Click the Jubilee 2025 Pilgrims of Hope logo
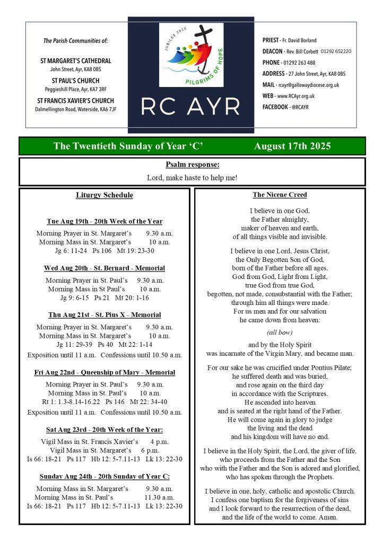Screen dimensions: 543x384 pyautogui.click(x=191, y=55)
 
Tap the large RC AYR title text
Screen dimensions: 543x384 pyautogui.click(x=191, y=107)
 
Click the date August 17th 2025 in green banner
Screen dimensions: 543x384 pyautogui.click(x=292, y=146)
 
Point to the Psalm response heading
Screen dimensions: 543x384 pyautogui.click(x=192, y=165)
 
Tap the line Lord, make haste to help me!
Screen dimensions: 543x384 pyautogui.click(x=192, y=178)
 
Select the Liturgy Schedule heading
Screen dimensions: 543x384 pyautogui.click(x=104, y=195)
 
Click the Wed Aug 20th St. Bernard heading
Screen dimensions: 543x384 pyautogui.click(x=104, y=268)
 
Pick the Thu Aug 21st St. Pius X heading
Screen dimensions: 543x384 pyautogui.click(x=104, y=315)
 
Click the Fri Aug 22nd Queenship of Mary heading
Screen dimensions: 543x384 pyautogui.click(x=104, y=373)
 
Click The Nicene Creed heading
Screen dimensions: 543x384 pyautogui.click(x=280, y=195)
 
